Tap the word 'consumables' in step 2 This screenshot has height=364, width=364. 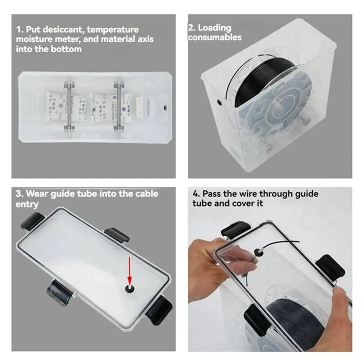pos(215,37)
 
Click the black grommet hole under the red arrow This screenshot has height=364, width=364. pos(129,288)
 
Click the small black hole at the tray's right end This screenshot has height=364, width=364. pos(165,108)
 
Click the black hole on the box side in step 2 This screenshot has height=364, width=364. pos(219,101)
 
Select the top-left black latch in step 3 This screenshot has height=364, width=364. pos(33,221)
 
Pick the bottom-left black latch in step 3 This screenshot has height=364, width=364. pos(58,292)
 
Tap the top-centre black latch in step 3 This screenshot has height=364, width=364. pos(116,235)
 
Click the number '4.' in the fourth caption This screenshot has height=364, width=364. pos(196,193)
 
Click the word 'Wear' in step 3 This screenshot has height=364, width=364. pos(37,193)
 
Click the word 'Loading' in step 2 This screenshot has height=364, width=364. pos(214,28)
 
